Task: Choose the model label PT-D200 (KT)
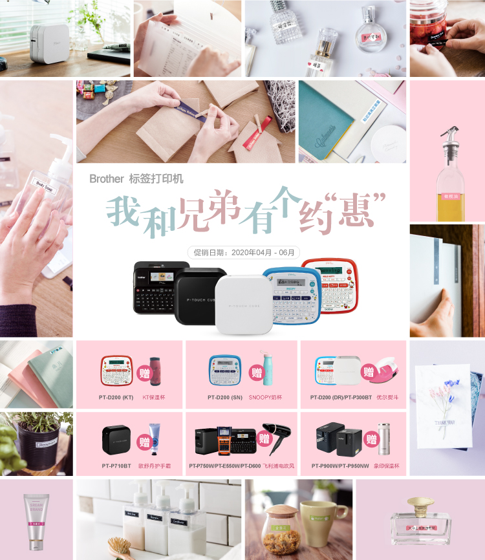coord(117,397)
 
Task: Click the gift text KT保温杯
coord(153,397)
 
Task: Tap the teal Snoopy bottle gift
coord(266,369)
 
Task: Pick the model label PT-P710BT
coord(116,466)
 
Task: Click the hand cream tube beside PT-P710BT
coord(153,436)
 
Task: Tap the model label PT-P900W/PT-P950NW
coord(340,466)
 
